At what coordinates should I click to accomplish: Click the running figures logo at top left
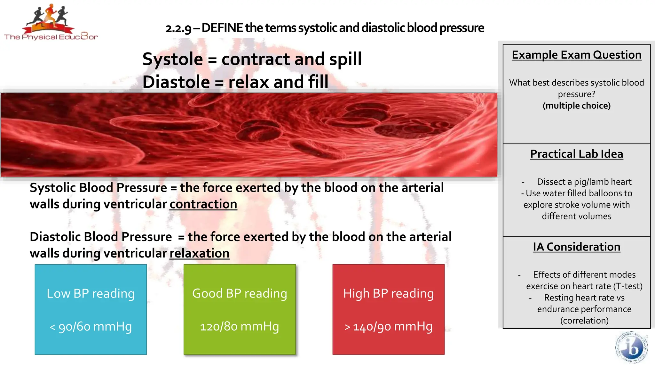(51, 18)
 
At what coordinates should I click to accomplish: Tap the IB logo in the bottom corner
(631, 347)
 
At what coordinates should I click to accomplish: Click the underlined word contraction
(203, 204)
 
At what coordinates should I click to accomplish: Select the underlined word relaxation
(199, 253)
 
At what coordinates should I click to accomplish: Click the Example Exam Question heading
(576, 55)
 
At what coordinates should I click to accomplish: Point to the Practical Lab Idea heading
(576, 154)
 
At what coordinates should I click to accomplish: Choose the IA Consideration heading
(576, 247)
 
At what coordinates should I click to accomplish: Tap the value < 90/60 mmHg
(91, 326)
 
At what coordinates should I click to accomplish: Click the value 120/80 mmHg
(239, 326)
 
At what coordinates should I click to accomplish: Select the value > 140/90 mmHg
(388, 327)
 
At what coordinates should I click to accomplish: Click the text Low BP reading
(91, 293)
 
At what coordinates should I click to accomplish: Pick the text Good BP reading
(240, 293)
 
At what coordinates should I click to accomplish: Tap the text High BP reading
(388, 293)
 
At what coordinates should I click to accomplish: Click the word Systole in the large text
(172, 59)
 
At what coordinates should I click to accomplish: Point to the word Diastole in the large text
(176, 82)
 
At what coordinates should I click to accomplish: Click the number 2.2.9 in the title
(178, 29)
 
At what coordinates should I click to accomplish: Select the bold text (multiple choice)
(576, 106)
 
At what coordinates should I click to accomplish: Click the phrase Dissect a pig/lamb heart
(584, 182)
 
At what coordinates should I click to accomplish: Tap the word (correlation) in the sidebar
(584, 321)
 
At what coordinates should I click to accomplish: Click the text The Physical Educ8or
(51, 37)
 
